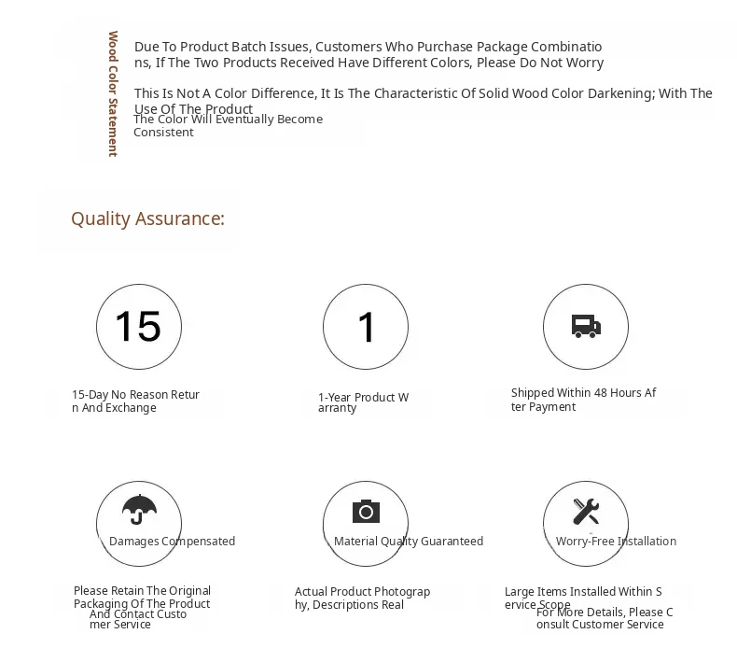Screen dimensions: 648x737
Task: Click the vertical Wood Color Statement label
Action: tap(113, 93)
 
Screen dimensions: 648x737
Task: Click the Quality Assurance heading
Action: tap(147, 218)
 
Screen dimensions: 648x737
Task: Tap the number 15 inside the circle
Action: tap(138, 327)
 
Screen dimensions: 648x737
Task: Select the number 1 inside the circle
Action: tap(366, 328)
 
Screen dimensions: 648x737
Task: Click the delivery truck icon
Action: tap(586, 327)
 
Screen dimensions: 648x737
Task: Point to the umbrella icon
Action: tap(139, 509)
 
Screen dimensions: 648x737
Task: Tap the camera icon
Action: tap(366, 511)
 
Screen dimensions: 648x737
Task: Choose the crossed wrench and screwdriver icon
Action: tap(586, 511)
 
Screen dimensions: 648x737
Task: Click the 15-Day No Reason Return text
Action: tap(135, 401)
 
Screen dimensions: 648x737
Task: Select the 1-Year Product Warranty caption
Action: tap(363, 402)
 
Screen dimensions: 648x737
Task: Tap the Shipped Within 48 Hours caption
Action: tap(583, 400)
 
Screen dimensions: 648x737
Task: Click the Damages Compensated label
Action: tap(172, 542)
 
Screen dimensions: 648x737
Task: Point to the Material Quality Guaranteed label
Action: tap(409, 542)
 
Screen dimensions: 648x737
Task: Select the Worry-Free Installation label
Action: tap(616, 542)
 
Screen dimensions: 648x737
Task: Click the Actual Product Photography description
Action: tap(362, 598)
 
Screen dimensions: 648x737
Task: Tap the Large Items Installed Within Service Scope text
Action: tap(582, 597)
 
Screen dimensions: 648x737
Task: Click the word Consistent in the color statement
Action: tap(163, 133)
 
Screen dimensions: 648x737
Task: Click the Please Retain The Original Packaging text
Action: tap(142, 597)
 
